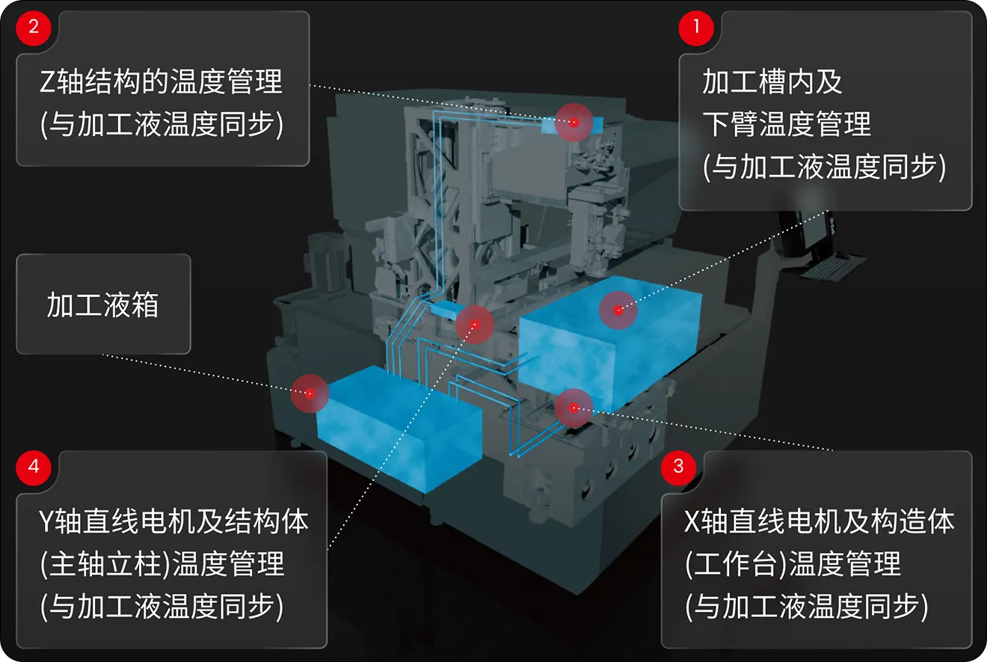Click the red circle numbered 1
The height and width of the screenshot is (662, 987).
click(x=695, y=28)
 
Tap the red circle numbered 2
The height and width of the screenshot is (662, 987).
click(x=34, y=28)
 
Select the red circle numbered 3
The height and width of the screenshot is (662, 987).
click(x=679, y=468)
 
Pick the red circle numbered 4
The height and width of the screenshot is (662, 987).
click(x=34, y=468)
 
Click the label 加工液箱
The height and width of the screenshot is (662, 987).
click(x=102, y=304)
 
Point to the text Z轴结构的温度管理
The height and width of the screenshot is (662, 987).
click(x=161, y=82)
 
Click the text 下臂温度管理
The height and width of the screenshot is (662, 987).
click(x=787, y=124)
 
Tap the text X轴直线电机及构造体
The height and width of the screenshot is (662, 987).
click(x=819, y=522)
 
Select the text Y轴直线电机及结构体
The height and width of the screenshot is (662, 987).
click(x=174, y=522)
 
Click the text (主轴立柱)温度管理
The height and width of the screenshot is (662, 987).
click(x=162, y=564)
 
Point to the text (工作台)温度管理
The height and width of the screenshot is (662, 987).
click(x=793, y=564)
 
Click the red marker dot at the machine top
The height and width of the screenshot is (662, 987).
click(x=574, y=123)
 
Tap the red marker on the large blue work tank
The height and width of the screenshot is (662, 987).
click(x=618, y=310)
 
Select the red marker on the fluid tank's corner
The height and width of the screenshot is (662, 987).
click(x=310, y=393)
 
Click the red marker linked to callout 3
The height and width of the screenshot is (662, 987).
click(x=574, y=408)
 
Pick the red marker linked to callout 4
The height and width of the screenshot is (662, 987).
click(x=475, y=325)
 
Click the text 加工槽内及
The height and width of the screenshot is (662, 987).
click(x=772, y=82)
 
